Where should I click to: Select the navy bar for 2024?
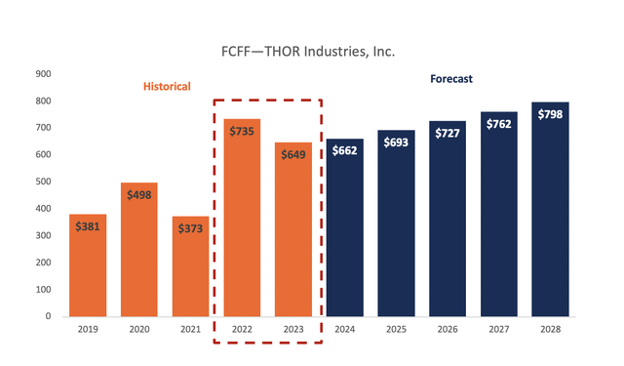[344, 234]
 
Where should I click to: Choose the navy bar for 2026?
[448, 224]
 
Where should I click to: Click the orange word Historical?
[167, 86]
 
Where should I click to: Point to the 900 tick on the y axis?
[43, 74]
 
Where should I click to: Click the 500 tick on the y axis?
[43, 182]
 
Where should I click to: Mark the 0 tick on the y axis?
[48, 316]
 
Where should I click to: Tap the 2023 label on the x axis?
[293, 330]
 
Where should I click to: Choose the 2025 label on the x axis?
[396, 330]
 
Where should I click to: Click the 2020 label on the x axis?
[139, 330]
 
